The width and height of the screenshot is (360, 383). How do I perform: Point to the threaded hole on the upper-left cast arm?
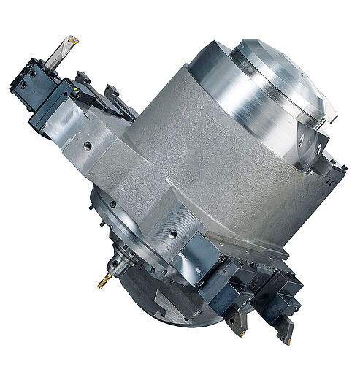pos(87,146)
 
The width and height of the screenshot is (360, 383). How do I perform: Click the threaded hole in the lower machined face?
pos(174,235)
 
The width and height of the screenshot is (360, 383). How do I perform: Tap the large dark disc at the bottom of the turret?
pos(175,300)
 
